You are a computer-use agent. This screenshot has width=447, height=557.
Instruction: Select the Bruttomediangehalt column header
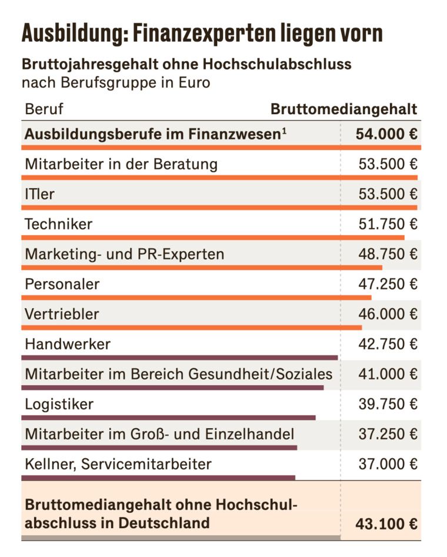[343, 109]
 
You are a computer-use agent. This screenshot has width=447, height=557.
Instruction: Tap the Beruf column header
[44, 109]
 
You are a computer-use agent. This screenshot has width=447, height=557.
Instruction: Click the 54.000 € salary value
[386, 134]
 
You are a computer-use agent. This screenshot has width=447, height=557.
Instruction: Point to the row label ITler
[39, 194]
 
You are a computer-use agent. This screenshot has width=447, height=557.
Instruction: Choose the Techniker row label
[59, 224]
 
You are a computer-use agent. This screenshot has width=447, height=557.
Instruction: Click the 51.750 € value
[388, 224]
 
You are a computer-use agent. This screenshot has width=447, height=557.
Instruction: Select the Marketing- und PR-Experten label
[125, 254]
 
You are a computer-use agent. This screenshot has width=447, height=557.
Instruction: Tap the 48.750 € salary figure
[388, 254]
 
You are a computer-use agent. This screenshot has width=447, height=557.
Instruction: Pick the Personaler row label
[62, 284]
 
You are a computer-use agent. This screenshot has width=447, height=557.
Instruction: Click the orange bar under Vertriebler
[192, 327]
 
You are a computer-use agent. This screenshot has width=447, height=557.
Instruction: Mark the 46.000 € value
[388, 314]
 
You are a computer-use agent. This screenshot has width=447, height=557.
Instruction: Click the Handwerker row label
[68, 344]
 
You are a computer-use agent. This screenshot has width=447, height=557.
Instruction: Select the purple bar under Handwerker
[179, 357]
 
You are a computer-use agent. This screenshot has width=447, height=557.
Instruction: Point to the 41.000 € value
[388, 374]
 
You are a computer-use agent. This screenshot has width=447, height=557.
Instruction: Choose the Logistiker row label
[59, 404]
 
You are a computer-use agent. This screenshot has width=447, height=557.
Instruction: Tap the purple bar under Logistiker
[168, 418]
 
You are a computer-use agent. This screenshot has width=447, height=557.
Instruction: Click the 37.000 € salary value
[388, 464]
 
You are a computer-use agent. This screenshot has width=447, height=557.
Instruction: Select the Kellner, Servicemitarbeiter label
[118, 464]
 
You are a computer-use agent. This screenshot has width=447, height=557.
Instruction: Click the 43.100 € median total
[386, 523]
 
